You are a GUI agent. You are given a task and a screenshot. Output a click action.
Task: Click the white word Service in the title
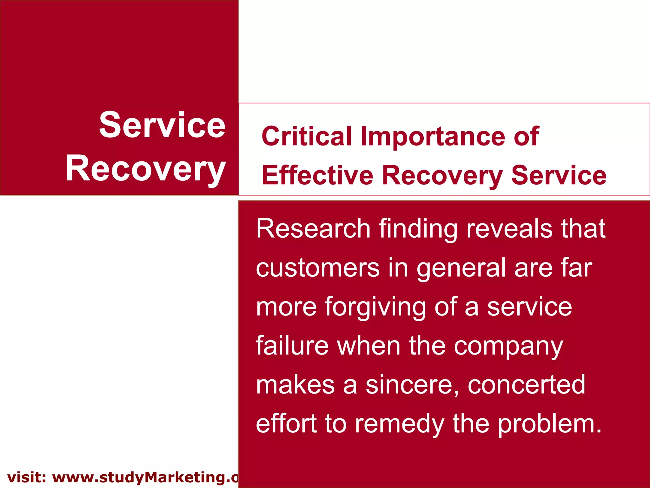[162, 125]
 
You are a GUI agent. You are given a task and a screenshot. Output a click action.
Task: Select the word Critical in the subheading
[307, 136]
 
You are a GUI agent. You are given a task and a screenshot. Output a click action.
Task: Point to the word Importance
[433, 136]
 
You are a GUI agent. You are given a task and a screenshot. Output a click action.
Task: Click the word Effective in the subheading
[317, 175]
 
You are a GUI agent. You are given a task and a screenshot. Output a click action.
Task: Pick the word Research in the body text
[313, 228]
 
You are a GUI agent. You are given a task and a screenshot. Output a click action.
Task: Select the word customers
[318, 268]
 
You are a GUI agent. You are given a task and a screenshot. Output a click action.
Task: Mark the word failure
[292, 346]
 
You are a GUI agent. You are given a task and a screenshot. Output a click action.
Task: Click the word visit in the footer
[27, 478]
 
